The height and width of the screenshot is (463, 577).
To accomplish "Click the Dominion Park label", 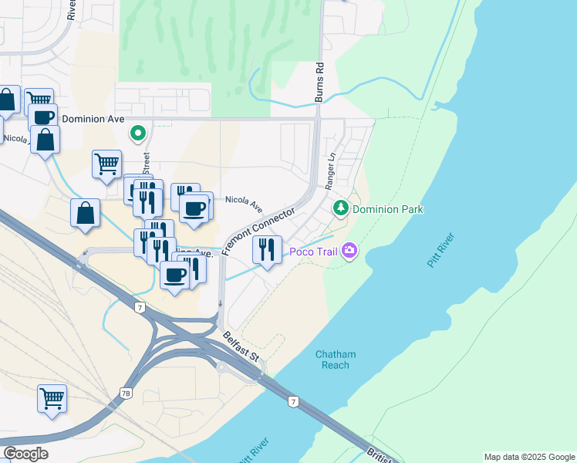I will (x=388, y=209).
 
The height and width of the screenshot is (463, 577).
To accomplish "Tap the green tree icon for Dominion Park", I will (x=340, y=208).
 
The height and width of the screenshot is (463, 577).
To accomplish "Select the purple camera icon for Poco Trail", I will (x=349, y=250).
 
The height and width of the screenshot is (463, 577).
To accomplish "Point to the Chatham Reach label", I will (x=336, y=360).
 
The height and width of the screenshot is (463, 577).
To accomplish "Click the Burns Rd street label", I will (x=319, y=82).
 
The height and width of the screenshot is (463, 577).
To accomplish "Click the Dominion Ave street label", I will (x=93, y=120).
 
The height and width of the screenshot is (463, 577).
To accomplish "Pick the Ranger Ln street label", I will (x=330, y=171).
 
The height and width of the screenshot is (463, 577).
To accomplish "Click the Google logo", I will (x=25, y=454).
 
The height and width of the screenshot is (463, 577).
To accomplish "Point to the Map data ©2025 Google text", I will (x=528, y=457).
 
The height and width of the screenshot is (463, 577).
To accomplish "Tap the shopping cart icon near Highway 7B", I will (x=52, y=399).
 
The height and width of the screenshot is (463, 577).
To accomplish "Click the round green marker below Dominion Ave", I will (x=138, y=134).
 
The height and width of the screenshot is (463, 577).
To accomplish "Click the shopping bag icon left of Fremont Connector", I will (x=85, y=213).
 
